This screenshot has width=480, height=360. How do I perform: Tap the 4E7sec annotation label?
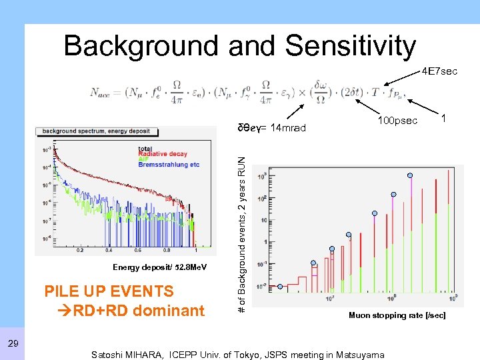(x=439, y=71)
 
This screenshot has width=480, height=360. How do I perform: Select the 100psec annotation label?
(x=398, y=121)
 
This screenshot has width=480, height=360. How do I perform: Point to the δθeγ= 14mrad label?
(x=272, y=128)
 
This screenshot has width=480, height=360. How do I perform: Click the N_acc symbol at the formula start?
(x=105, y=93)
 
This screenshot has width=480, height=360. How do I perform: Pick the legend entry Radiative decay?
(x=162, y=154)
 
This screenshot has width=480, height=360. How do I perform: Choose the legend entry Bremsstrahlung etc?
(x=169, y=165)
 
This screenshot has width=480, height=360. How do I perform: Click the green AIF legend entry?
(x=143, y=159)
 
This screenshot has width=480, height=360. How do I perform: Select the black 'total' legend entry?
(x=145, y=149)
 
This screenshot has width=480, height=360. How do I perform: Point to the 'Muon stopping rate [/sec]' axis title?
(x=397, y=315)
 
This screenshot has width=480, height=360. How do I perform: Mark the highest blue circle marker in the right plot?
(x=410, y=175)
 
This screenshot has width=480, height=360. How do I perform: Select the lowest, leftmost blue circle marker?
(x=280, y=287)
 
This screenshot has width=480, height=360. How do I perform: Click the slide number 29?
(x=13, y=343)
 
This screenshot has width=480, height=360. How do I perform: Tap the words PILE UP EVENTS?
(x=109, y=291)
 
